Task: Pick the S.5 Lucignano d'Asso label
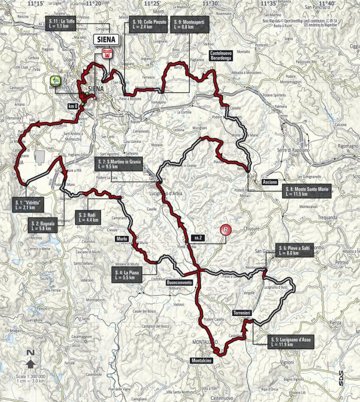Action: [x=290, y=341]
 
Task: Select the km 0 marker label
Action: [x=72, y=106]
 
